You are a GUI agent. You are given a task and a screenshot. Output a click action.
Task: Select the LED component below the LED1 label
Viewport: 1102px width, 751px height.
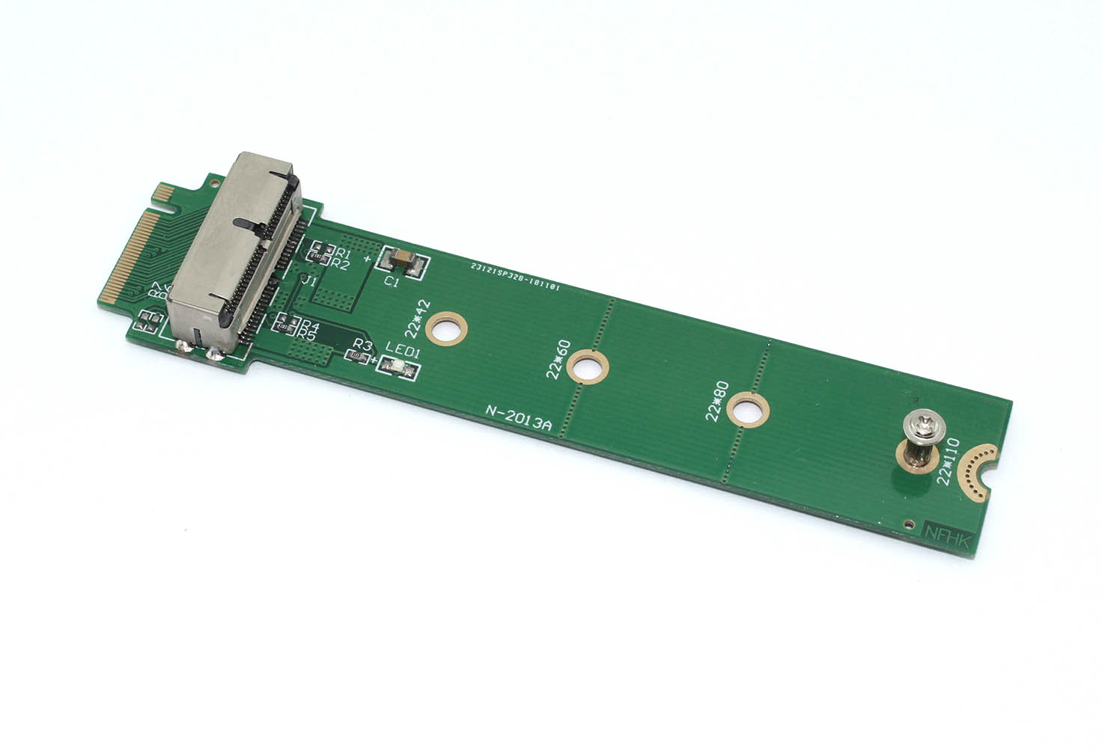pyautogui.click(x=398, y=367)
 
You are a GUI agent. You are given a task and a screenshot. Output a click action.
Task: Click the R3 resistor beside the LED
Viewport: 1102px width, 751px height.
pyautogui.click(x=359, y=356)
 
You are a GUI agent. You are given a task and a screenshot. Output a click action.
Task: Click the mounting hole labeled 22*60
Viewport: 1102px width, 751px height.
pyautogui.click(x=587, y=367)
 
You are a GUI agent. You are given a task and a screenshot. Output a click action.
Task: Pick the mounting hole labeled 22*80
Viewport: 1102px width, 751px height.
pyautogui.click(x=749, y=409)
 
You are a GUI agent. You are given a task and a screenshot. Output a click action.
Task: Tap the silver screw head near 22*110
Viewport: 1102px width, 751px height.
pyautogui.click(x=920, y=426)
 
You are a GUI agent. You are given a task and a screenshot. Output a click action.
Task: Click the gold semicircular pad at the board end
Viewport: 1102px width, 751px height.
pyautogui.click(x=978, y=471)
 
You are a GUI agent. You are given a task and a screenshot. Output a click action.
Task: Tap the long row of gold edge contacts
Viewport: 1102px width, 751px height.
pyautogui.click(x=124, y=254)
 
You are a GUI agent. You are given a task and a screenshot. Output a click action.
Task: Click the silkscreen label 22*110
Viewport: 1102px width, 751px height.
pyautogui.click(x=949, y=462)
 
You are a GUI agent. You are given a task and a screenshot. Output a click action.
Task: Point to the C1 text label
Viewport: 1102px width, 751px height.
pyautogui.click(x=392, y=281)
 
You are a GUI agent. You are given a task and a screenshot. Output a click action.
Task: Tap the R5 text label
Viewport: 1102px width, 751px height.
pyautogui.click(x=305, y=336)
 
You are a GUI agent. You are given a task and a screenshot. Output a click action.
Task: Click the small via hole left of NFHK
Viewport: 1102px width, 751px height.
pyautogui.click(x=908, y=523)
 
